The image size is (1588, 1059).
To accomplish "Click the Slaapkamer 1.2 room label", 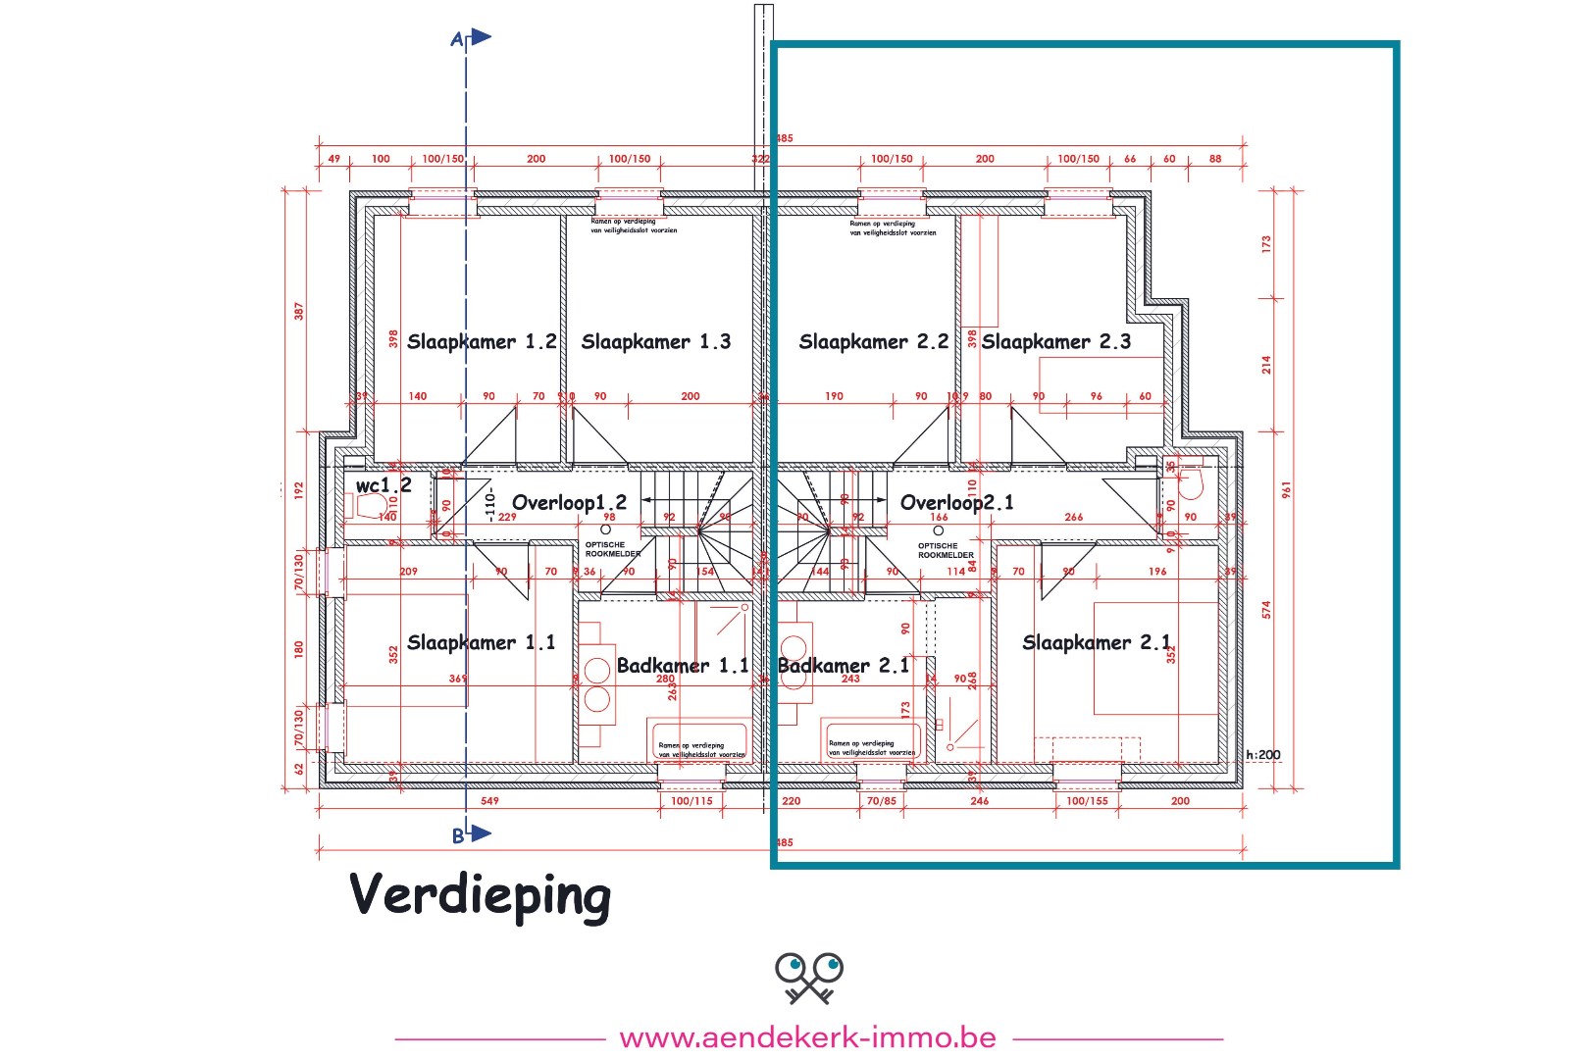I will point(482,342).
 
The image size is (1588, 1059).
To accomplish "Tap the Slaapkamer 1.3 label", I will point(655,342).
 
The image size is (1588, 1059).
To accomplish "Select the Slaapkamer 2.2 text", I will point(873,342).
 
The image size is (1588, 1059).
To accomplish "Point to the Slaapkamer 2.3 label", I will point(1055,342).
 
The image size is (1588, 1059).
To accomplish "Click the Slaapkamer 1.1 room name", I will point(481,643).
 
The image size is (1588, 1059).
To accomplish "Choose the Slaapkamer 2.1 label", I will point(1097,643).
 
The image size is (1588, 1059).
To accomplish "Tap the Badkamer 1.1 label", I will point(683,666).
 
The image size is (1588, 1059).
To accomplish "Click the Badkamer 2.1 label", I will point(843,666).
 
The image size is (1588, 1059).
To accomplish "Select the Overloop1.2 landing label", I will point(569,503).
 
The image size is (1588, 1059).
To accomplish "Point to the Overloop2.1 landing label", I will point(956,503).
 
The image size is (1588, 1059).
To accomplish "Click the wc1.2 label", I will point(384,485).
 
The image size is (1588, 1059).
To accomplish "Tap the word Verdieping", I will point(480,895).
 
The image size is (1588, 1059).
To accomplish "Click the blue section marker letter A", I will point(456,40).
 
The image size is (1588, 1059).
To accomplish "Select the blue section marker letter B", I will point(458,836).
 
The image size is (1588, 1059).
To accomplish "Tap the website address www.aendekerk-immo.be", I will point(808,1037).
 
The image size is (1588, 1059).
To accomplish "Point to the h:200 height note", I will point(1263,755).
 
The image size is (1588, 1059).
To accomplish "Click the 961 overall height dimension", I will point(1286,488).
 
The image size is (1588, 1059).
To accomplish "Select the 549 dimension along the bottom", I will point(489,801).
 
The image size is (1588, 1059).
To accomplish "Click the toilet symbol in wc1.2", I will point(369,506).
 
